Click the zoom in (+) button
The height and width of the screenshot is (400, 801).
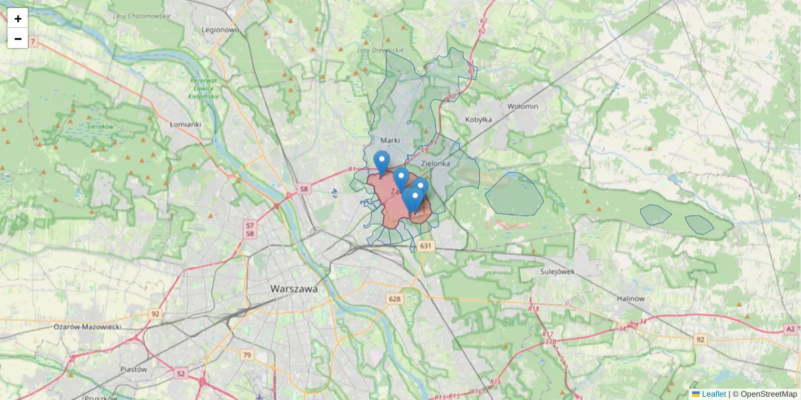(18, 19)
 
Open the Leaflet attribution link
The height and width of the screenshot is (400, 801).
(714, 394)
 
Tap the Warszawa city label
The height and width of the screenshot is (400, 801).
(294, 289)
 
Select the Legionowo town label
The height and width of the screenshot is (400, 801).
(220, 30)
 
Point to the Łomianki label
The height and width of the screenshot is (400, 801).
(186, 124)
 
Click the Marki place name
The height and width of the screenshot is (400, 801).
(389, 141)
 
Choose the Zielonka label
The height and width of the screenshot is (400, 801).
(436, 163)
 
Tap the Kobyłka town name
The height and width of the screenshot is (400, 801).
(477, 119)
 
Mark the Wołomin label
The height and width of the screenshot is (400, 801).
(523, 106)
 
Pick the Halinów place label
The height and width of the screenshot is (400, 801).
(631, 299)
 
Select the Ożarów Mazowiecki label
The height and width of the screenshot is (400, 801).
(87, 327)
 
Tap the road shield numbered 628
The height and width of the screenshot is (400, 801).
(394, 299)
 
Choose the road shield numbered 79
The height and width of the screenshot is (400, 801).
(247, 355)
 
